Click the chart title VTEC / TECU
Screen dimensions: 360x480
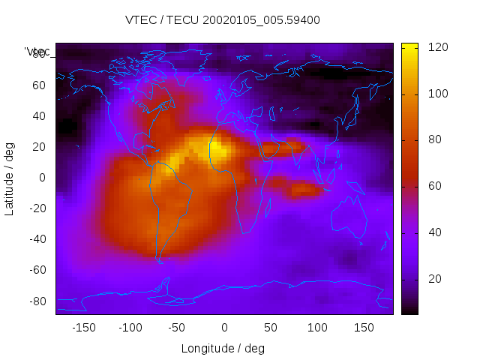(160, 20)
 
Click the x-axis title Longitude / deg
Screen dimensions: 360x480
(223, 349)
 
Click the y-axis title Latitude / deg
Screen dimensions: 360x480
(10, 178)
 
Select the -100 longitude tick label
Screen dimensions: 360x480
(130, 328)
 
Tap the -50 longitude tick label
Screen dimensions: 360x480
(177, 328)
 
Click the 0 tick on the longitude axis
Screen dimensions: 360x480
(224, 328)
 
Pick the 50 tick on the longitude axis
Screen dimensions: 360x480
(271, 328)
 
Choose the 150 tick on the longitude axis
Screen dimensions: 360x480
(364, 328)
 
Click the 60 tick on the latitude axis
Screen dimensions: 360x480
(38, 85)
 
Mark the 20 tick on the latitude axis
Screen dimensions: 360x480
(38, 147)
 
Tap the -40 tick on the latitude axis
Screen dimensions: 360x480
(36, 239)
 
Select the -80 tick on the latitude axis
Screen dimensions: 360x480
(36, 301)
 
